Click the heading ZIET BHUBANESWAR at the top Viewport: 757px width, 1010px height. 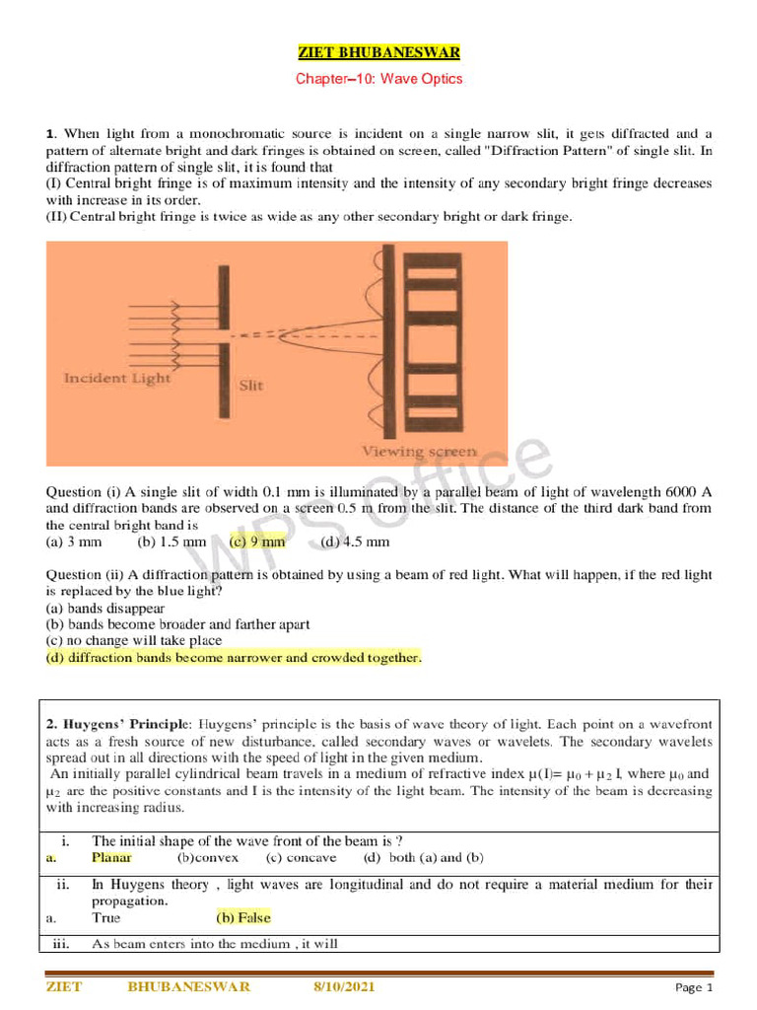378,51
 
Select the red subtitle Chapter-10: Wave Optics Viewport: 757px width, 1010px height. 378,78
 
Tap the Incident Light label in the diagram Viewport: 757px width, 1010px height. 116,378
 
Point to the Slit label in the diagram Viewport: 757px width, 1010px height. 251,386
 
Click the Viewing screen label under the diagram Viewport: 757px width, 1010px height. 419,451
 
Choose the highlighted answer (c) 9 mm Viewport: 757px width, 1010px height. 257,541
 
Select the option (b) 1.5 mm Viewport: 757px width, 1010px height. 172,541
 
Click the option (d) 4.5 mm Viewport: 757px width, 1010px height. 355,541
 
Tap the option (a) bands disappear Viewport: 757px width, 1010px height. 105,609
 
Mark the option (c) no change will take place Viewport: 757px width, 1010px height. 134,640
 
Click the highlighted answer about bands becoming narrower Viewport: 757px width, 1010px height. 234,657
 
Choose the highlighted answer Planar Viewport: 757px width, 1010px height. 111,858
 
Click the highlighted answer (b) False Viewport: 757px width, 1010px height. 243,917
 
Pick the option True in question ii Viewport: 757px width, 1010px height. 105,917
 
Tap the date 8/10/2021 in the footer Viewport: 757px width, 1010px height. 344,986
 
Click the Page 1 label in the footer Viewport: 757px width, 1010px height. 693,987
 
